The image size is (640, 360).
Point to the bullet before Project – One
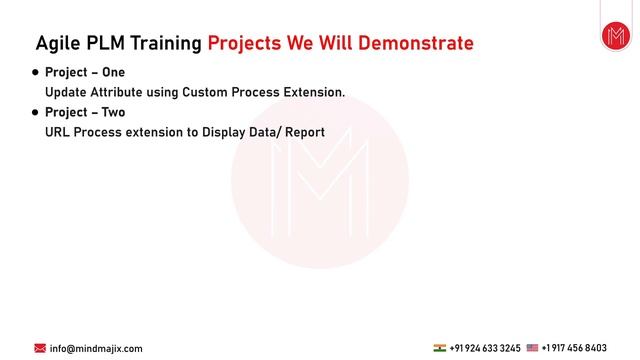pos(36,73)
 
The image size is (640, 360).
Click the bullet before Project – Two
pos(36,113)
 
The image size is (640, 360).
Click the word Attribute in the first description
pos(122,93)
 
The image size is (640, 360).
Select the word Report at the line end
pos(304,132)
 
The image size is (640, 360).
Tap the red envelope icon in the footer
pos(40,348)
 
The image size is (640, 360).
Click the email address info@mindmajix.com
pos(96,348)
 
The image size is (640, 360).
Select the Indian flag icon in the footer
pos(439,348)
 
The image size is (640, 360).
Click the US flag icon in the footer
pos(532,348)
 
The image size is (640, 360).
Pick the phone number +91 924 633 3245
pos(485,348)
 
